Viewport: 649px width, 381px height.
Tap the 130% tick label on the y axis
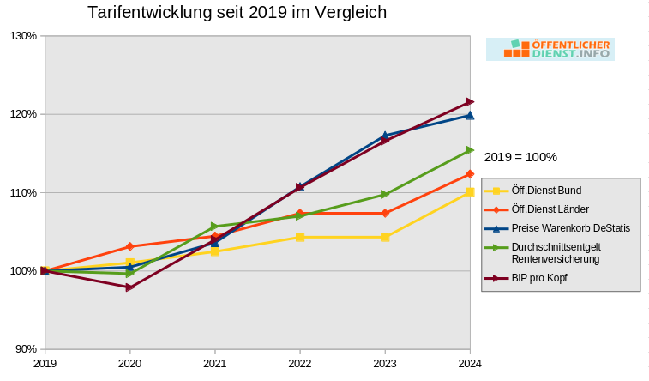23,36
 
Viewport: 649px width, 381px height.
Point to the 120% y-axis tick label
23,114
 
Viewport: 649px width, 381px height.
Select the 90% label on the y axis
26,349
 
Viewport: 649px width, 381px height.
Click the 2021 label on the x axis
214,364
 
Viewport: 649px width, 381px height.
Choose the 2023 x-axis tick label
385,364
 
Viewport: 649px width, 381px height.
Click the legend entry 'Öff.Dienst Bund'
545,190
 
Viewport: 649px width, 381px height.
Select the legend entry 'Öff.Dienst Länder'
550,209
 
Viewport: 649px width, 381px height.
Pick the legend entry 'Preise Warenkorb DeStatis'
570,228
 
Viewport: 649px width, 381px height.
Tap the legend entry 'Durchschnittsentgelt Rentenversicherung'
555,252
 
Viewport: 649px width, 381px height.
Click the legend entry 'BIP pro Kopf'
539,278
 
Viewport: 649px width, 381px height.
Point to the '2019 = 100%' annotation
520,157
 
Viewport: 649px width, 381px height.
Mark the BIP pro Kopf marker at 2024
470,102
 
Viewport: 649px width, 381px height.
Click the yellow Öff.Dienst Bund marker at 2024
470,192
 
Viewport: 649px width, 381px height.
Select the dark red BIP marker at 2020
129,287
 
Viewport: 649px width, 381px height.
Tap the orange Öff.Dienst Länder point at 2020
129,246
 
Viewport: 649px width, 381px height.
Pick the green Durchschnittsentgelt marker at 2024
470,150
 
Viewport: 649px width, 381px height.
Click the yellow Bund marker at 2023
385,237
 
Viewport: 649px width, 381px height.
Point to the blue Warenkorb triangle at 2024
470,114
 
